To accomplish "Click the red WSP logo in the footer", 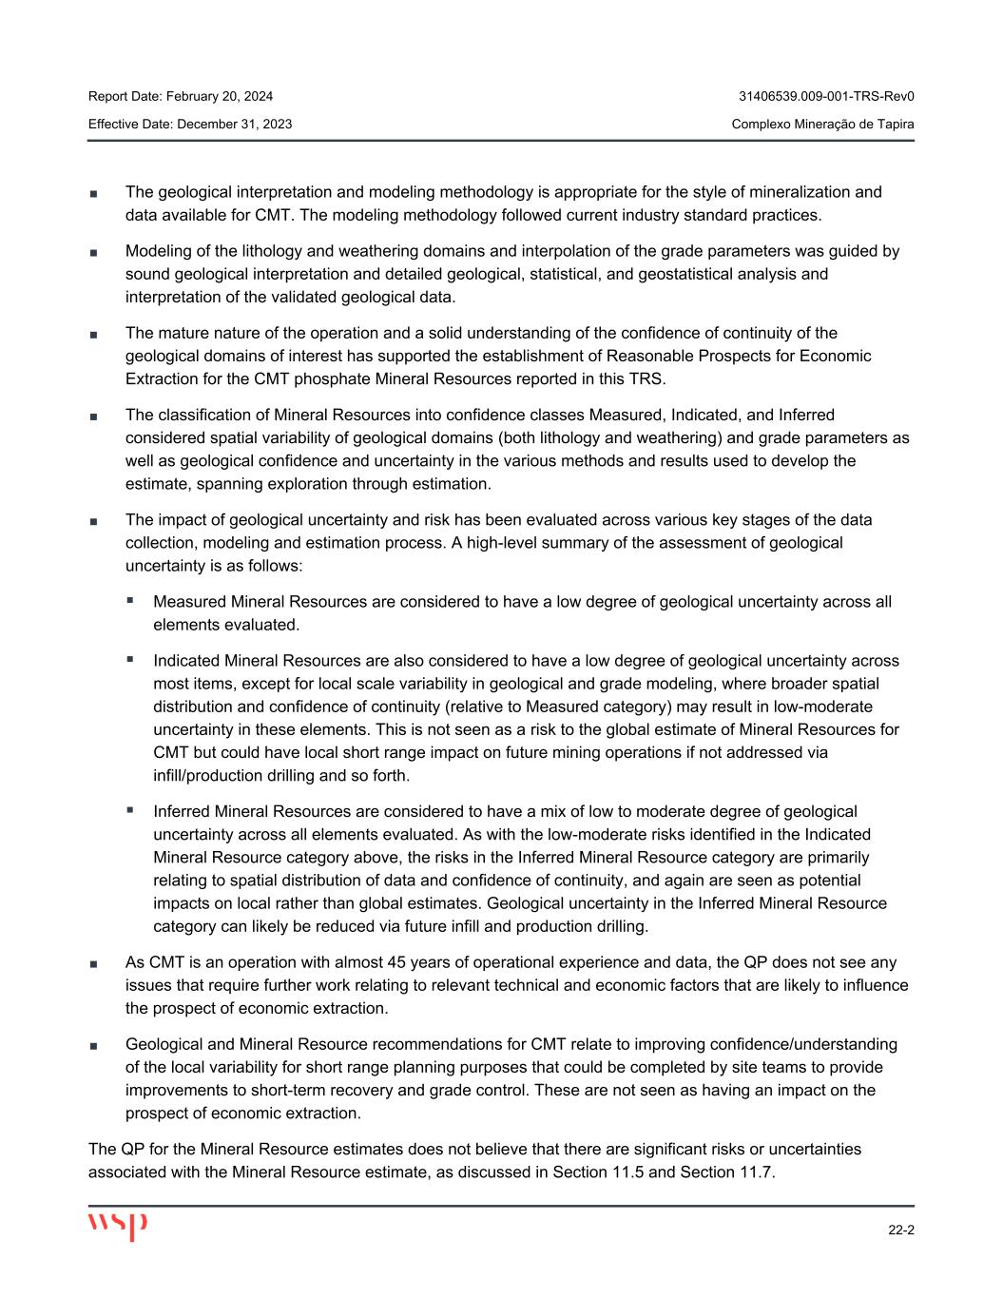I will (118, 1226).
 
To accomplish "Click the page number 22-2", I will (900, 1230).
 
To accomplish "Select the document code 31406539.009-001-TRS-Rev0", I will (826, 96).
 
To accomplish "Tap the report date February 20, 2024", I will (220, 96).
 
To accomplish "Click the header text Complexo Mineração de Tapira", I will (822, 125).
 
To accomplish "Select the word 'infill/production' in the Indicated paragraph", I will (211, 775).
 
